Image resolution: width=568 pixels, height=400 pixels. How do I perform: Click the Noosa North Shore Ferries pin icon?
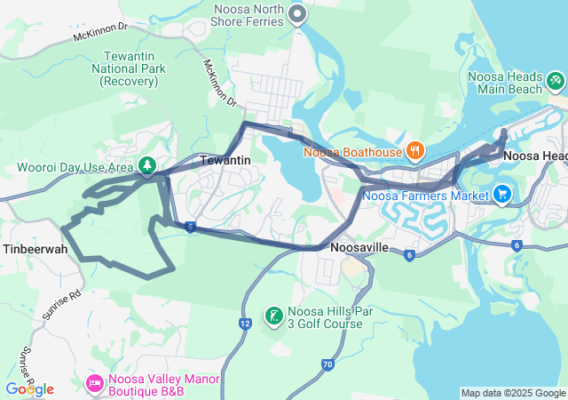coord(298,14)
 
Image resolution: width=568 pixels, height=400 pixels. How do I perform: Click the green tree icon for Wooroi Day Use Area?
coord(146,165)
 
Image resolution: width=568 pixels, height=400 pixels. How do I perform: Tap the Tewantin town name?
coord(226,160)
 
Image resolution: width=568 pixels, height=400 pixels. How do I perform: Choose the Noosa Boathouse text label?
coord(352,152)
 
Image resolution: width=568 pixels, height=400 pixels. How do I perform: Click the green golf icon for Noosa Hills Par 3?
coord(274,316)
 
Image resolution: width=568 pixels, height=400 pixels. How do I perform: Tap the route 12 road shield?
coord(245,323)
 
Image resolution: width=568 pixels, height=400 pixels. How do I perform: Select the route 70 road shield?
coord(327,364)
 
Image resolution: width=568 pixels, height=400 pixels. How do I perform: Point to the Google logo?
coord(29,389)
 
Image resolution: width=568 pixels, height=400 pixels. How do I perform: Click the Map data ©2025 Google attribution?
coord(513,393)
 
